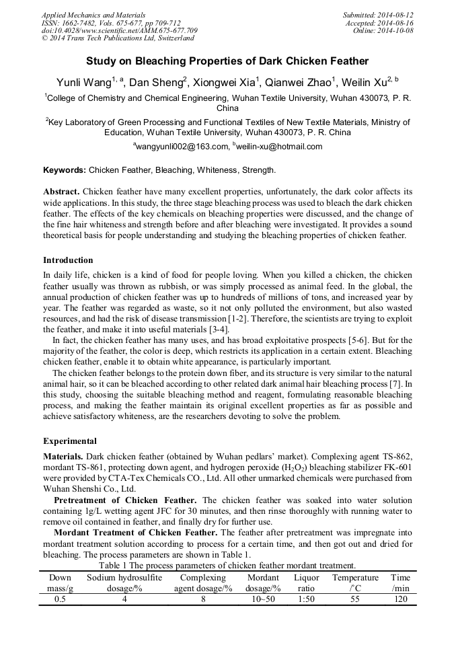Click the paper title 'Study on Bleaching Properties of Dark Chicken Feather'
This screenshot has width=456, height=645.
227,61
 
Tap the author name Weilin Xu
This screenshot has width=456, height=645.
365,82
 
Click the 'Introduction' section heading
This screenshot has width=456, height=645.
68,260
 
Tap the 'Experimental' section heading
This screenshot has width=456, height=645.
70,442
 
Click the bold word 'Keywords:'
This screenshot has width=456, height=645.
65,170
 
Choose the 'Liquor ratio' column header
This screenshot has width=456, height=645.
307,582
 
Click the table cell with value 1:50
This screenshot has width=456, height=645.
307,599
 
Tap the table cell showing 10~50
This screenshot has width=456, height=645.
262,599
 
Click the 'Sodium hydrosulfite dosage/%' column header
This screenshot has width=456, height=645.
124,582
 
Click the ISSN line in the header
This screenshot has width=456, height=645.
111,23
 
